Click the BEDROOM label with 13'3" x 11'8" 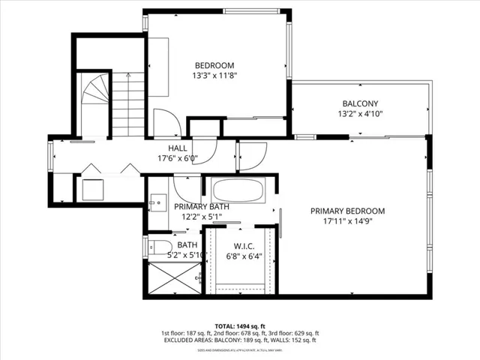(214, 64)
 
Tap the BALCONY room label (361, 103)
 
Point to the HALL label (177, 148)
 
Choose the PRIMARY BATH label (202, 206)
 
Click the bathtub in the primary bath (237, 190)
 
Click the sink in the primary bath (157, 200)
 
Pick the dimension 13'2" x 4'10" (361, 114)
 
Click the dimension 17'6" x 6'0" (177, 158)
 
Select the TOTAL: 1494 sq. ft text (239, 325)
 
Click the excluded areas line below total (239, 340)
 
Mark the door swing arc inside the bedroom (166, 121)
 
